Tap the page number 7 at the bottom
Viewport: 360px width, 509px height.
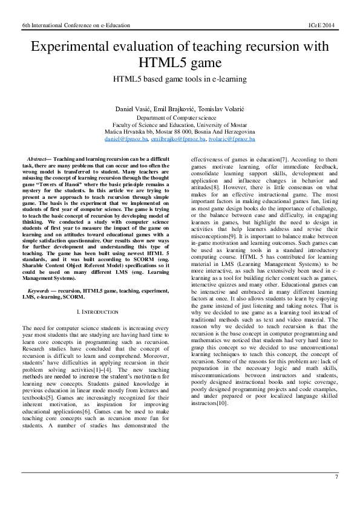[x=336, y=478]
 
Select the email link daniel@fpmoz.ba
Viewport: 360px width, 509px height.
[x=126, y=138]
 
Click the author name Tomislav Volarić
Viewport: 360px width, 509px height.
[x=220, y=108]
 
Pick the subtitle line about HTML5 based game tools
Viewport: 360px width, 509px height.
[x=179, y=79]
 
